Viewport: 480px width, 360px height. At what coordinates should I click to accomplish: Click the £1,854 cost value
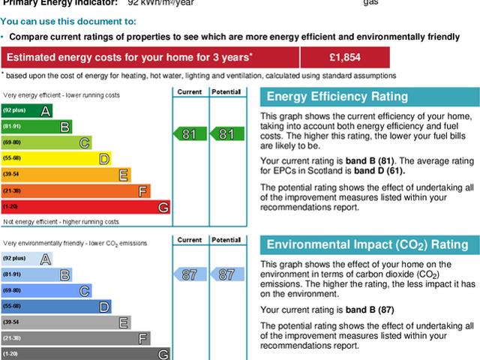coord(344,58)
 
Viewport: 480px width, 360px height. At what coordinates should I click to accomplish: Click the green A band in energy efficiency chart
coord(26,111)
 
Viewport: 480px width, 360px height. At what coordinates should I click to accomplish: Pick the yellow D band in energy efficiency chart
coord(55,159)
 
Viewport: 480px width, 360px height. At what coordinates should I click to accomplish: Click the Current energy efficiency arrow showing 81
coord(189,134)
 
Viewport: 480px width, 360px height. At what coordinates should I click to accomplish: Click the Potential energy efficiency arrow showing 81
coord(226,134)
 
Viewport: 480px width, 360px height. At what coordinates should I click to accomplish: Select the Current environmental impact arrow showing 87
coord(189,274)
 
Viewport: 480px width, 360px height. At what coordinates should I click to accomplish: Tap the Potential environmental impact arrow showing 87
coord(226,274)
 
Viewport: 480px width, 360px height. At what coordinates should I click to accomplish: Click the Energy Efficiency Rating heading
coord(337,97)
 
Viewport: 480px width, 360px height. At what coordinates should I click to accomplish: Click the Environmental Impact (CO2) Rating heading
coord(367,245)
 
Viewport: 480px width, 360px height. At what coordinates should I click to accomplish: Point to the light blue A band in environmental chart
coord(26,259)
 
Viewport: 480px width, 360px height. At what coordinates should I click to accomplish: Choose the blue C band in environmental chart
coord(46,290)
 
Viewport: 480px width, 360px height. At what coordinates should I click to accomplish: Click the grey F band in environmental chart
coord(75,338)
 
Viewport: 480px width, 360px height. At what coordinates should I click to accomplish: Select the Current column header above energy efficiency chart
coord(189,91)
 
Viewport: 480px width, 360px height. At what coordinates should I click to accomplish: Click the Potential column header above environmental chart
coord(226,240)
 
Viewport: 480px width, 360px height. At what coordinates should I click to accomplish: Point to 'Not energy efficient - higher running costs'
coord(61,222)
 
